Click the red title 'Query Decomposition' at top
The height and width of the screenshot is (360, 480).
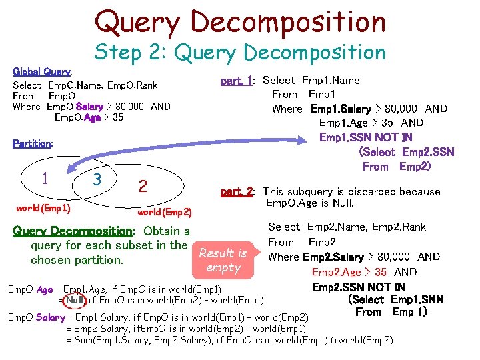(240, 21)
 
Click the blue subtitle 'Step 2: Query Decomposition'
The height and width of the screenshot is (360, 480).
(240, 53)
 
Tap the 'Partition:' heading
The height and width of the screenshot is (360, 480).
(33, 143)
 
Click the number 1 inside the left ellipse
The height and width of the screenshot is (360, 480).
(45, 178)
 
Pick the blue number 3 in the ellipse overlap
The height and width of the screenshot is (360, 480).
(97, 180)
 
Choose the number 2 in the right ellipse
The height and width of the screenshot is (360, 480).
(142, 186)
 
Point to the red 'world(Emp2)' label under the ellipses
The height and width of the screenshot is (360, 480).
(164, 213)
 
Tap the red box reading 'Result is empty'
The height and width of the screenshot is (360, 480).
(223, 260)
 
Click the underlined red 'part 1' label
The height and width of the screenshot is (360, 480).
(237, 81)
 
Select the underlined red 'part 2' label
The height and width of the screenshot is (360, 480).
(237, 192)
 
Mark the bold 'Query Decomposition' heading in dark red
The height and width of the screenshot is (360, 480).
(73, 231)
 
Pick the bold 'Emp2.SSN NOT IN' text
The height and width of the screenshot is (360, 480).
(359, 287)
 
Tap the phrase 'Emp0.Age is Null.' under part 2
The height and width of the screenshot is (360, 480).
(309, 203)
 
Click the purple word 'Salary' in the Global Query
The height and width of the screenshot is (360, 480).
(89, 107)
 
